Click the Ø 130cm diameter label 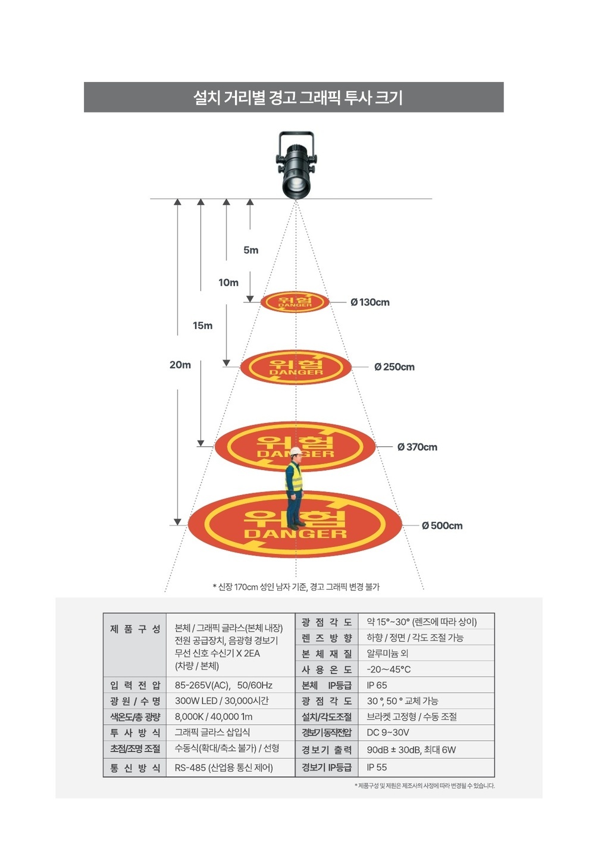coord(370,302)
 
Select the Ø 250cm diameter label coord(394,367)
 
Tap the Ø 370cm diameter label coord(417,447)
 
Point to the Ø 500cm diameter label coord(442,525)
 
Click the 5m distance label coord(250,250)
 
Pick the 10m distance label coord(228,283)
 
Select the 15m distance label coord(202,325)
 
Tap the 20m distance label coord(180,365)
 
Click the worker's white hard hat coord(296,451)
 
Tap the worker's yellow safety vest coord(295,477)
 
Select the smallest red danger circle coord(295,302)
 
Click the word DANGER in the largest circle coord(296,534)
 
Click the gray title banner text coord(297,98)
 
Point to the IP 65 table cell coord(377,685)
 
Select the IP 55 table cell coord(377,767)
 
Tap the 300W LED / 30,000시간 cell coord(222,700)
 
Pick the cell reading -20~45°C coord(389,669)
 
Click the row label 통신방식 coord(135,768)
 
